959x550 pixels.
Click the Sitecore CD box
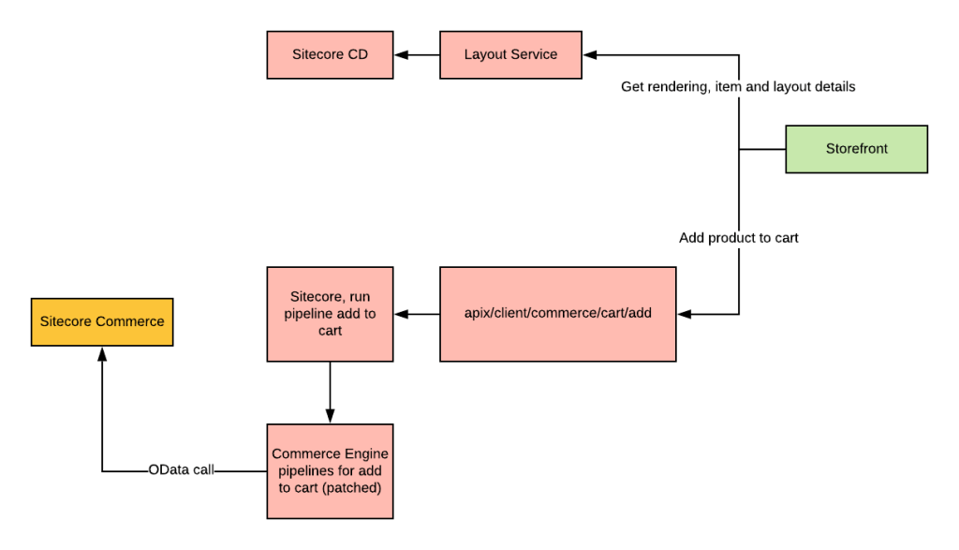coord(330,55)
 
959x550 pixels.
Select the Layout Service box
coord(510,55)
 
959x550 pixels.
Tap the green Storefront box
coord(856,149)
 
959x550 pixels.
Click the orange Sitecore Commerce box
coord(102,322)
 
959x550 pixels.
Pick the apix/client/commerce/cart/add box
coord(557,314)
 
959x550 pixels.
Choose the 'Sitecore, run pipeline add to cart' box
coord(330,314)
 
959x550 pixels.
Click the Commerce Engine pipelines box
coord(330,470)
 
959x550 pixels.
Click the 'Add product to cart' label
coord(738,238)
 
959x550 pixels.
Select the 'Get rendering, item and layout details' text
coord(738,87)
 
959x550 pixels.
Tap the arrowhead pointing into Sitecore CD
coord(400,55)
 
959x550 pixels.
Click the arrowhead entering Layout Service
coord(589,55)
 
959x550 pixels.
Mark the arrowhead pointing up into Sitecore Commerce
coord(102,353)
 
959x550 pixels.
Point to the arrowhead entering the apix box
coord(683,314)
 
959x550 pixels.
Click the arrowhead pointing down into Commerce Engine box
coord(330,416)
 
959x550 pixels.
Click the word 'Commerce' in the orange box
coord(133,322)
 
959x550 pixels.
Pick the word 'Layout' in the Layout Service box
coord(484,55)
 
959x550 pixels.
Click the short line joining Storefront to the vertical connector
coord(762,149)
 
